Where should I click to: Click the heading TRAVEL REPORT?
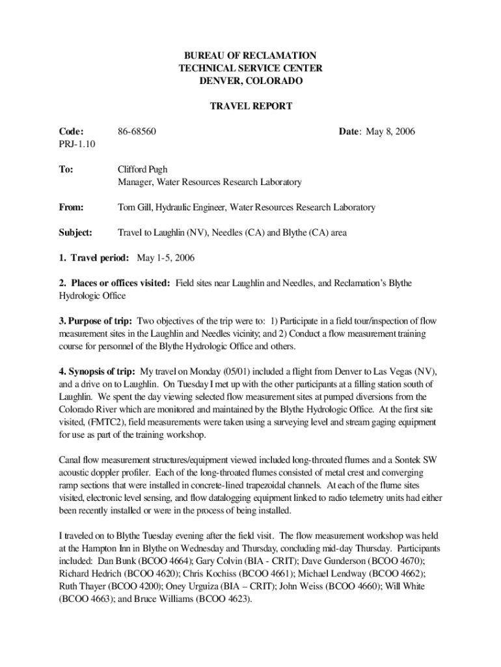click(251, 106)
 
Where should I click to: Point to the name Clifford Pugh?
click(142, 169)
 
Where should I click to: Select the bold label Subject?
click(77, 232)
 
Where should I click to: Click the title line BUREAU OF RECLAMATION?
click(251, 56)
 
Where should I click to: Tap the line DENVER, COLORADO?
click(251, 81)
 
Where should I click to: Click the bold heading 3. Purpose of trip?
click(96, 321)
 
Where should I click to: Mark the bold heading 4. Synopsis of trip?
click(98, 371)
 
